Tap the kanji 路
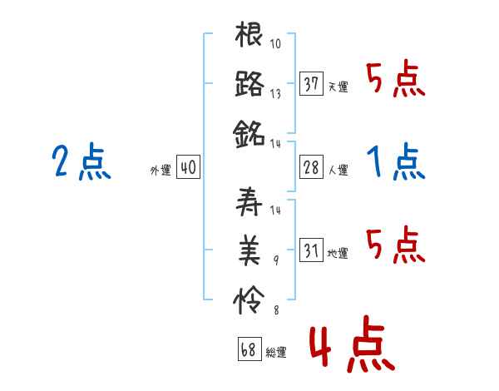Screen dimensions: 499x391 tap(249, 84)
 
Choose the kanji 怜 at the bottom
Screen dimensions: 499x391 tap(249, 296)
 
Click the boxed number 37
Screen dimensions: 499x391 tap(312, 83)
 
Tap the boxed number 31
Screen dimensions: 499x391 tap(312, 250)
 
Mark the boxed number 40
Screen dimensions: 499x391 tap(188, 168)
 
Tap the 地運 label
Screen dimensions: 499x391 tap(338, 253)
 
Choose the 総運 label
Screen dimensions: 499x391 tap(276, 353)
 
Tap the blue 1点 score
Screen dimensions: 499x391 tap(396, 161)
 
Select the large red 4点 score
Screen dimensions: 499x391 tap(351, 348)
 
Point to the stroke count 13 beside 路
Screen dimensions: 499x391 tap(276, 93)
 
